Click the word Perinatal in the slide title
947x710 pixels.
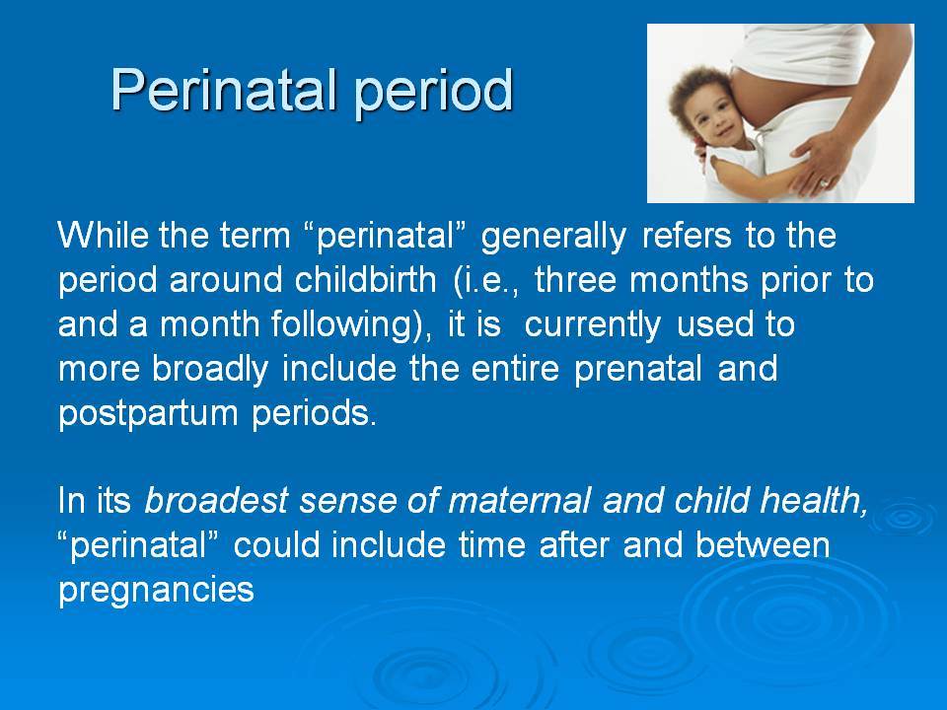(224, 90)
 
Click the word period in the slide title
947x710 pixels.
(433, 91)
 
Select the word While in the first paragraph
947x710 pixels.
(103, 235)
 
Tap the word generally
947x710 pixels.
(553, 237)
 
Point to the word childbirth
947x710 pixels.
(366, 279)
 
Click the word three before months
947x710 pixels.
(575, 279)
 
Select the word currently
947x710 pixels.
(593, 325)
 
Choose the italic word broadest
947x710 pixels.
(216, 501)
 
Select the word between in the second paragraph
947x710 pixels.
(763, 544)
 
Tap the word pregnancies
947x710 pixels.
(157, 591)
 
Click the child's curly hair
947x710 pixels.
(703, 91)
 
